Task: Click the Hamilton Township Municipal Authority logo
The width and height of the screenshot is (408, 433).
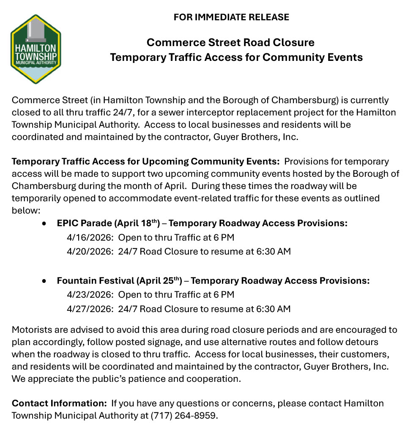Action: point(35,49)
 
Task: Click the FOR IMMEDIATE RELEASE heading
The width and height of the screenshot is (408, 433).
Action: point(231,17)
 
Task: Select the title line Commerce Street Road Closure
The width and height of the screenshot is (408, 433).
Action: point(230,43)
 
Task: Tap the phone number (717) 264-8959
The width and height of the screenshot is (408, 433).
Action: point(184,415)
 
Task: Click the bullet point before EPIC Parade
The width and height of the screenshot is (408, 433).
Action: point(44,224)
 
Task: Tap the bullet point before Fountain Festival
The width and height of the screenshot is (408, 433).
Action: point(44,281)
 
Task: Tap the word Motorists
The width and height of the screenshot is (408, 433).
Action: point(31,330)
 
